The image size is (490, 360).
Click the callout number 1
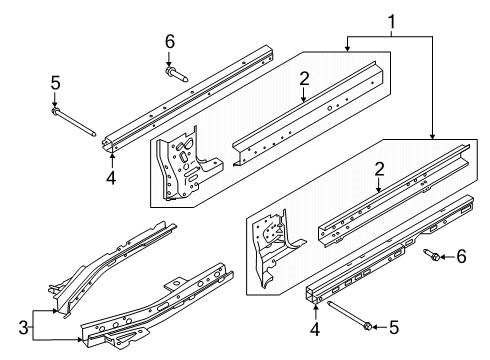coord(391,22)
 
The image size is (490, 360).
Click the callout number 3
coord(23,328)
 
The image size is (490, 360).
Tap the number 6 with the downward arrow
coord(170,42)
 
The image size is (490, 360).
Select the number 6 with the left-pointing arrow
coord(461,257)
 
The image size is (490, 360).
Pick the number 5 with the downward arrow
coord(55,83)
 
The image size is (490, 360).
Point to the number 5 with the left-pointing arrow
coord(394,327)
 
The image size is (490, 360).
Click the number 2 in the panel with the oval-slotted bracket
coord(304,79)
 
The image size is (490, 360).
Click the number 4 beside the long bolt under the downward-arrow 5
coord(111,178)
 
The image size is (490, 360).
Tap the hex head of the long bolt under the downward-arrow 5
coord(55,110)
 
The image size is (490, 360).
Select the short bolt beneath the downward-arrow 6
coord(176,74)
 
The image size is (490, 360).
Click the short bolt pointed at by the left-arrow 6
coord(432,255)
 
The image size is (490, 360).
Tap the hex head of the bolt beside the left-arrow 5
coord(368,326)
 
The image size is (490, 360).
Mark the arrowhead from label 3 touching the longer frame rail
coord(79,340)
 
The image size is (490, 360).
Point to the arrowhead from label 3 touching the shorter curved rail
coord(55,311)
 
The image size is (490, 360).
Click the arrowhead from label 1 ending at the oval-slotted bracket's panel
coord(347,49)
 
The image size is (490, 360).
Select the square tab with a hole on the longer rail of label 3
coord(175,284)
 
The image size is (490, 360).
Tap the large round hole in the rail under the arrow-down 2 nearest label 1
coord(329,108)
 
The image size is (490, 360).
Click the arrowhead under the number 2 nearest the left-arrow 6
coord(379,190)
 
